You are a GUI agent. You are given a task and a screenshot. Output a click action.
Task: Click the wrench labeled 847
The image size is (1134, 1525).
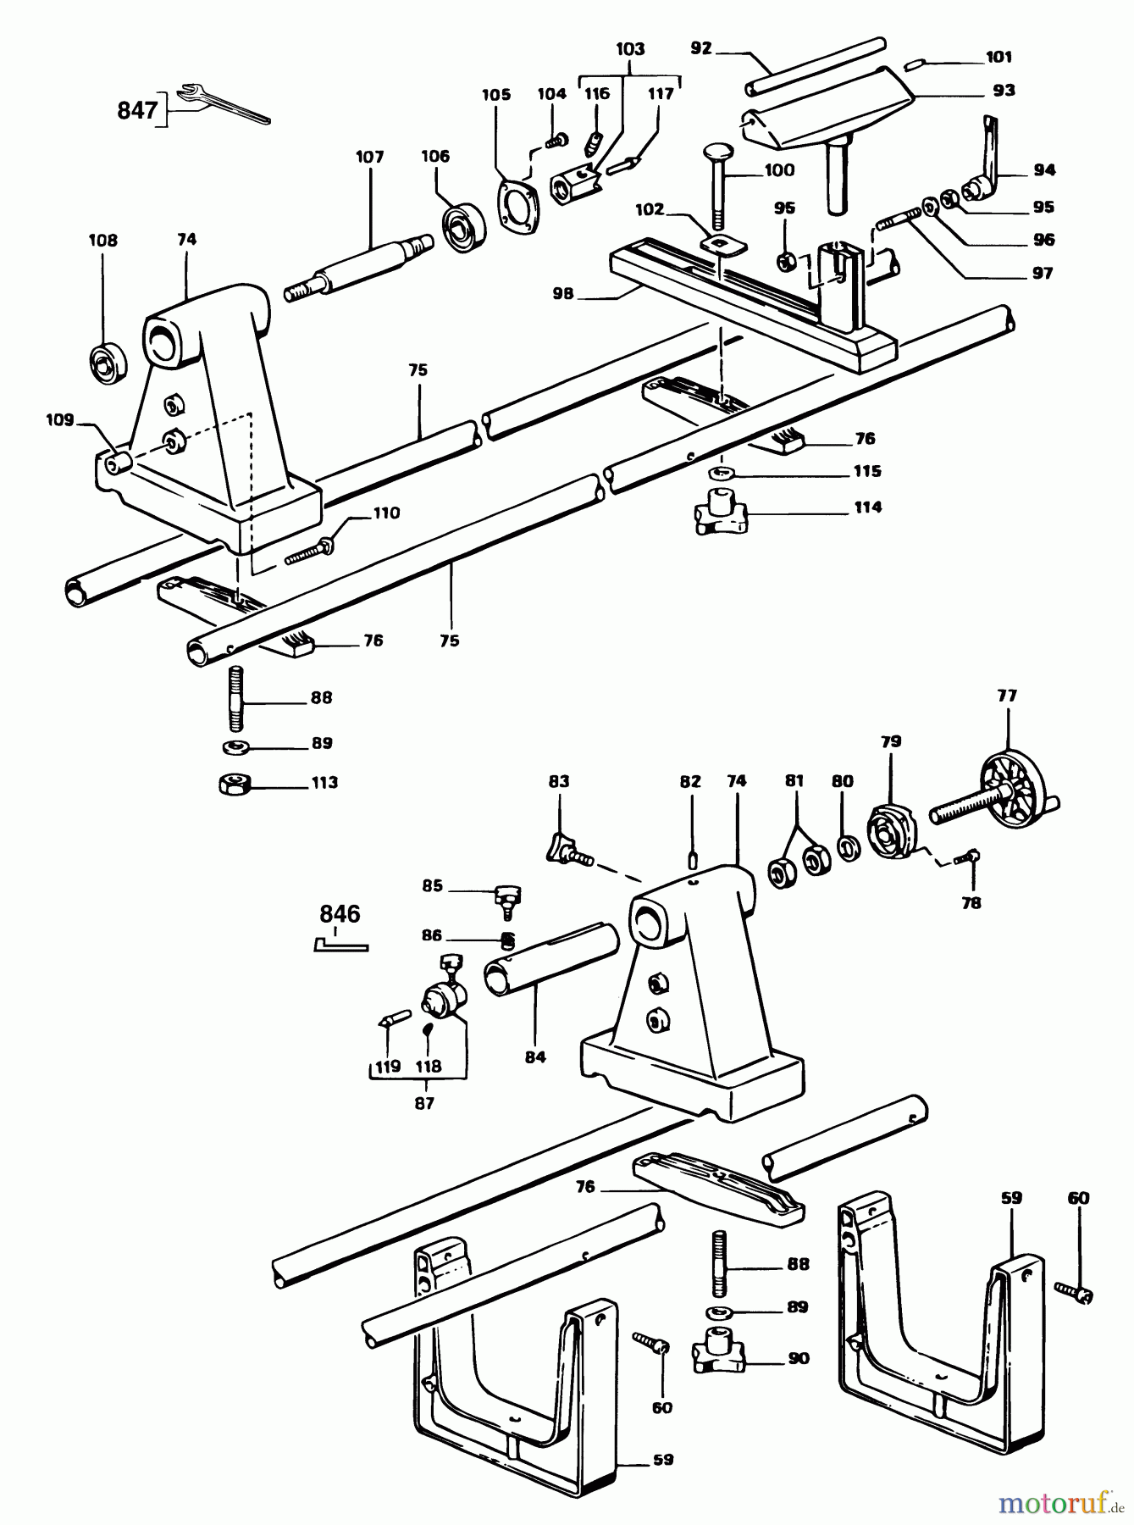224,103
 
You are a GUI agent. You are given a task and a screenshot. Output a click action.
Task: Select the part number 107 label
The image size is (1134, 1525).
369,157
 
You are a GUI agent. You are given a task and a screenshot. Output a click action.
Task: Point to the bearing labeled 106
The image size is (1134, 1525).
462,227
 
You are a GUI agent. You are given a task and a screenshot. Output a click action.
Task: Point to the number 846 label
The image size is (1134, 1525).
340,914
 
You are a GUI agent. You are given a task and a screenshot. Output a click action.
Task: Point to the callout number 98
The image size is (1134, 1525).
563,294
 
